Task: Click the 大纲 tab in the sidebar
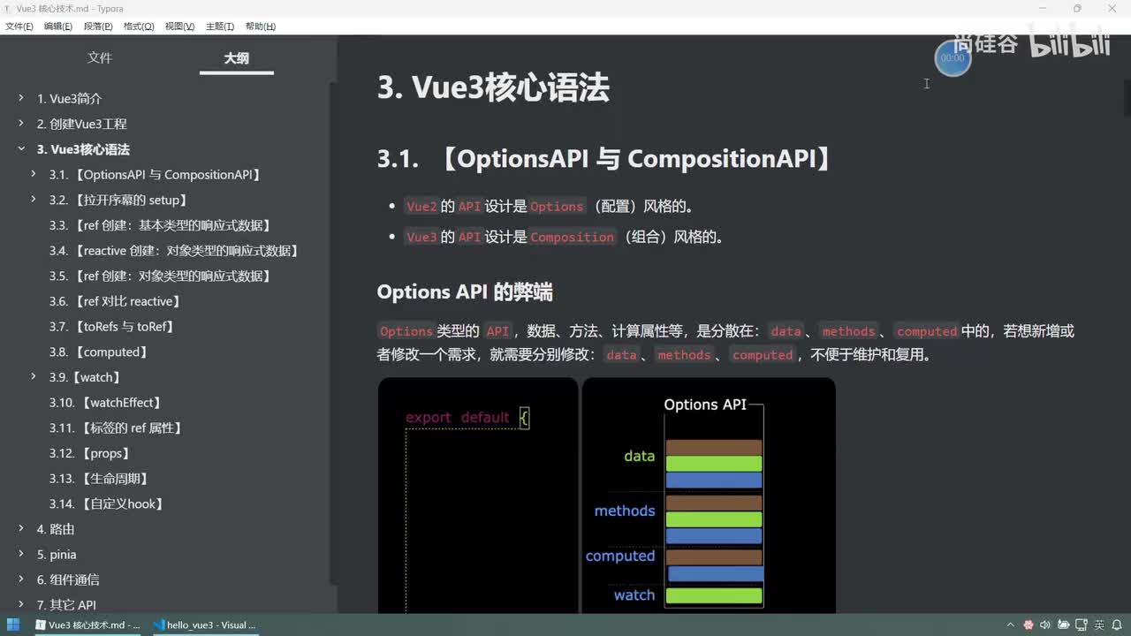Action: coord(236,58)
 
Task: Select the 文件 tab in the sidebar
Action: coord(100,58)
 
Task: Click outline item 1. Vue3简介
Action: coord(69,99)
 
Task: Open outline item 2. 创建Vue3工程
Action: coord(81,125)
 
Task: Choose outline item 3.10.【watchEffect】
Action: coord(105,403)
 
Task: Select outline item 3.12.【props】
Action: coord(89,454)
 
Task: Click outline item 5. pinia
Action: coord(57,555)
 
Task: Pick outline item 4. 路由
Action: coord(56,529)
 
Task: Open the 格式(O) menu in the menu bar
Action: coord(139,26)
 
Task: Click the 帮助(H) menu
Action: coord(260,26)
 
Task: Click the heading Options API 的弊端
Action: coord(465,292)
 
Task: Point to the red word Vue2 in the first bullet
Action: coord(421,207)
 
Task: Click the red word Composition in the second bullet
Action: coord(572,238)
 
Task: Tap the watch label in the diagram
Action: coord(634,595)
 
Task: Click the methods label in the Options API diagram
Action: coord(624,511)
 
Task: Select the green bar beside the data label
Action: coord(714,464)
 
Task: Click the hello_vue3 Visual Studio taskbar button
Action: coord(204,625)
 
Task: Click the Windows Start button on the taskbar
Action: coord(13,625)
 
